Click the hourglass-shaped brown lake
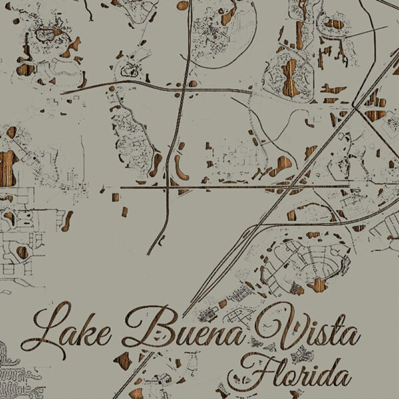click(290, 76)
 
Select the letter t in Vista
click(330, 331)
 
